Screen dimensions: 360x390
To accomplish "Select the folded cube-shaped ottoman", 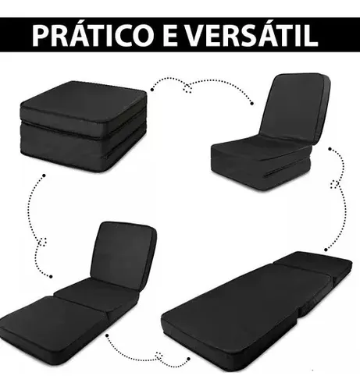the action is pos(83,126).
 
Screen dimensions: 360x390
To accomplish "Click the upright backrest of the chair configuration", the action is pos(295,107).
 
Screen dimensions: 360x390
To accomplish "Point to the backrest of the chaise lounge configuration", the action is pos(123,253).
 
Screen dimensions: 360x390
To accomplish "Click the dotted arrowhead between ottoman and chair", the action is pos(187,88).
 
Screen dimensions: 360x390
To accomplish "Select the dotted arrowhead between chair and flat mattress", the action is pos(335,184).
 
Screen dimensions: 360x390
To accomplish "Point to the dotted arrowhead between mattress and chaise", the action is pos(159,356).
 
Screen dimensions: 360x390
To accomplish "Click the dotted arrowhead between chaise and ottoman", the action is pos(42,242).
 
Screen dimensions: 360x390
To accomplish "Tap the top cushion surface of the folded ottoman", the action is pos(84,100).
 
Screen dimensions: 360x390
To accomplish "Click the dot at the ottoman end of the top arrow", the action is pos(152,90).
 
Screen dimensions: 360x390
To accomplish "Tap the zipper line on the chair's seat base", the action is pos(287,170).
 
